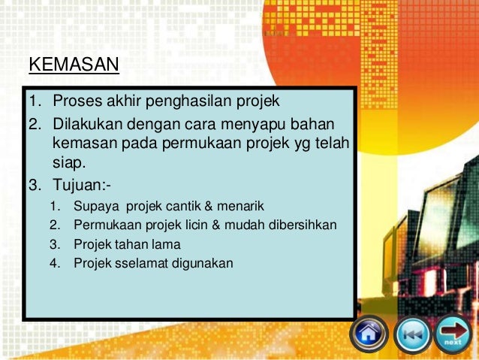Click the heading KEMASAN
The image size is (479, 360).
[x=74, y=65]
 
